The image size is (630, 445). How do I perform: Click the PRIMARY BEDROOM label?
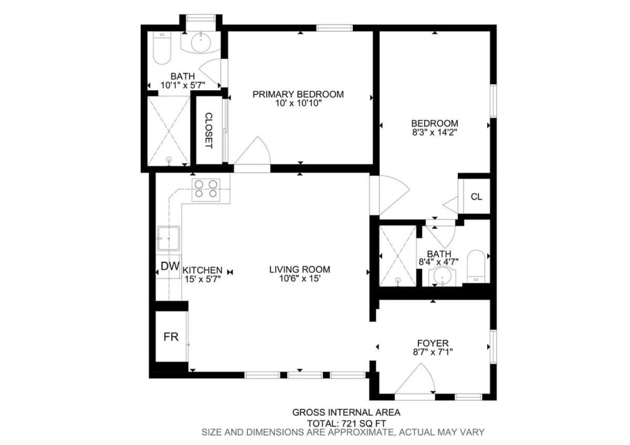[298, 94]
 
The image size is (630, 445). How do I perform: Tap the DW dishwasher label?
[170, 266]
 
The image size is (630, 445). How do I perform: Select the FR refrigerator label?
[171, 337]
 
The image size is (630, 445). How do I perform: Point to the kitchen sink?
[168, 238]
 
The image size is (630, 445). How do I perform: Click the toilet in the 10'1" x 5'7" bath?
[162, 48]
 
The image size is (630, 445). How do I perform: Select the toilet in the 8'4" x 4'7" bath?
[476, 266]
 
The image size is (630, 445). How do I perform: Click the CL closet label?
[477, 197]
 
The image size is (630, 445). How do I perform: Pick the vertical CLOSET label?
[209, 131]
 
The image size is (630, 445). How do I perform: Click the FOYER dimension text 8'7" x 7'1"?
[433, 352]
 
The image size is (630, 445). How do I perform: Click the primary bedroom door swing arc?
[253, 151]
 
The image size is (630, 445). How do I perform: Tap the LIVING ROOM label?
[300, 269]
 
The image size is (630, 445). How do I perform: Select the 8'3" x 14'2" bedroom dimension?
[435, 132]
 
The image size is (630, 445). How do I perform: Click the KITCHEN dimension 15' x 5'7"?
[203, 279]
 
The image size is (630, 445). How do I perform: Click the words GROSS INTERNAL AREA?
[346, 412]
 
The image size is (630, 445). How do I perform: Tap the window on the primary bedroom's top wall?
[334, 28]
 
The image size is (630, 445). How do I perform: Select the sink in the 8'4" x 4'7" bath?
[443, 276]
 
